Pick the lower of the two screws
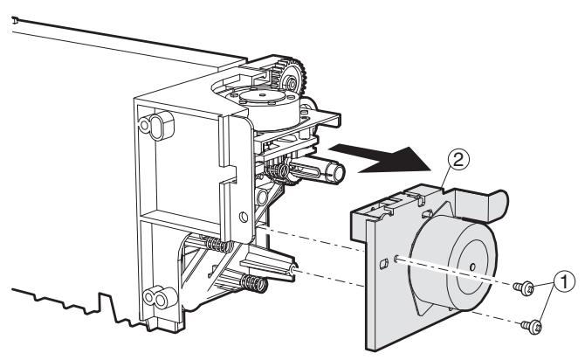[530, 325]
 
